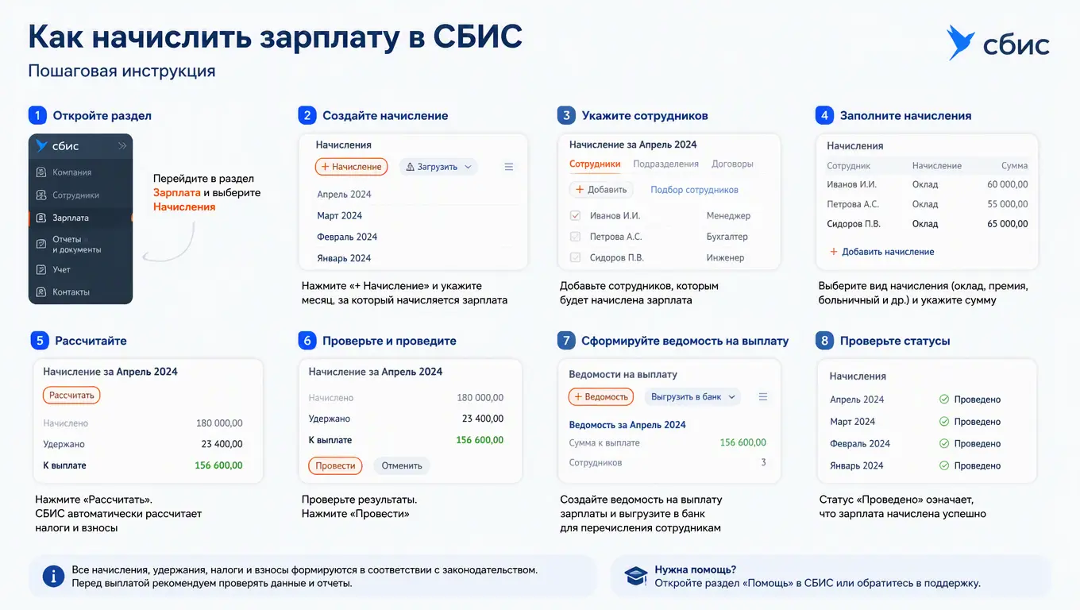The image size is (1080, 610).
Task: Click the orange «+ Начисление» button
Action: pos(352,166)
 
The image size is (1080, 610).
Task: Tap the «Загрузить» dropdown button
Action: pos(438,166)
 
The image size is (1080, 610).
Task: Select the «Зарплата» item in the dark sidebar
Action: pos(80,218)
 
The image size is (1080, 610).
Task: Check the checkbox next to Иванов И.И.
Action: pos(575,215)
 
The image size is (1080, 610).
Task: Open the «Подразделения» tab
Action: pos(665,164)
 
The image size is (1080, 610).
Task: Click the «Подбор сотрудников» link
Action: pos(694,190)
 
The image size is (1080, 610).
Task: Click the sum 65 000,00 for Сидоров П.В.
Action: pos(1007,224)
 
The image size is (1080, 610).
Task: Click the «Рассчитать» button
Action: pos(71,395)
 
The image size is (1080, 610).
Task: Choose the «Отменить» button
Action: pos(402,465)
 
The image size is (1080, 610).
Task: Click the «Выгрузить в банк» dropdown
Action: pos(692,397)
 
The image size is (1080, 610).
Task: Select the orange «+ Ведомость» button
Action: pos(600,397)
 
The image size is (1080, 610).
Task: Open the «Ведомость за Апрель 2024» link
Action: pos(627,425)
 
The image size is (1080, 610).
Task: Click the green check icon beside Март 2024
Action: pos(944,422)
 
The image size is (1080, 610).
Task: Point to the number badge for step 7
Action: pos(566,341)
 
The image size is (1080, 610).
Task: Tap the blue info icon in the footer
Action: pos(53,577)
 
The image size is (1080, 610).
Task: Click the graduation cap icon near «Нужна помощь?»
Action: pos(636,576)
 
